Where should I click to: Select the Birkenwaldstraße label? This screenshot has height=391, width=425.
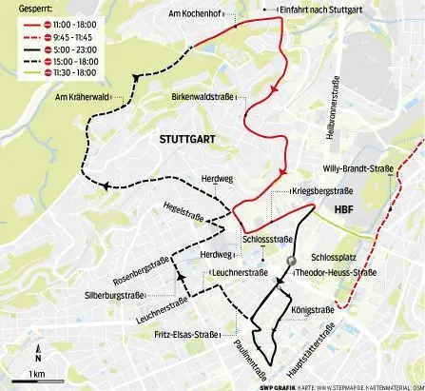[x=205, y=98]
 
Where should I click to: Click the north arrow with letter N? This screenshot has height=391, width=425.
[x=37, y=354]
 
